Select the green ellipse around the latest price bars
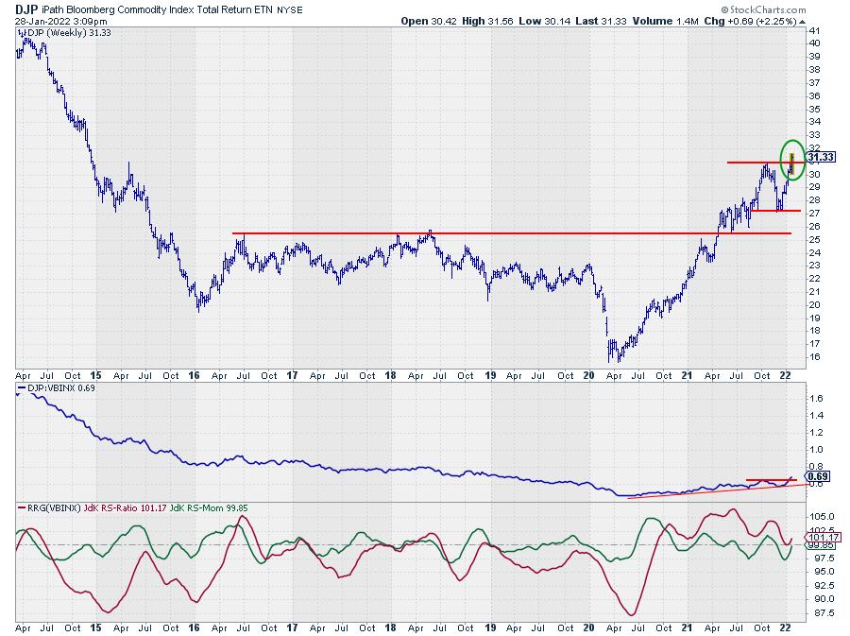click(791, 158)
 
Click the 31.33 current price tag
click(820, 158)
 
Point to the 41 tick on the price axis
click(813, 30)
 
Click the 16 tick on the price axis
click(813, 357)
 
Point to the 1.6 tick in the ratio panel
click(816, 399)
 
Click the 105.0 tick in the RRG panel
click(820, 516)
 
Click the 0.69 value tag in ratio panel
click(819, 476)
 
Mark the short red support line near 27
click(775, 210)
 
